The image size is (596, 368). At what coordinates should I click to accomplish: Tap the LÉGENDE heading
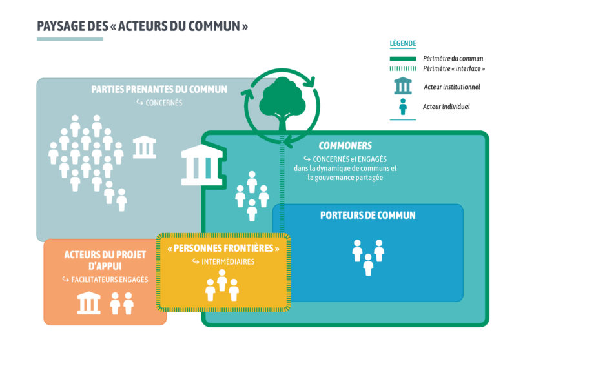(x=403, y=44)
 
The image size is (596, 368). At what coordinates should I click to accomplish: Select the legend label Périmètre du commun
(x=453, y=58)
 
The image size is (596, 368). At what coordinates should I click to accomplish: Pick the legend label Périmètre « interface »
(x=454, y=68)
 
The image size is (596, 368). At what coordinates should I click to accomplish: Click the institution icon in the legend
(x=403, y=86)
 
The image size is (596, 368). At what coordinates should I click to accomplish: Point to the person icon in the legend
(x=403, y=107)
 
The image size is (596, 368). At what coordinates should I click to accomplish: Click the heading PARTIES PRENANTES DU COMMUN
(x=159, y=89)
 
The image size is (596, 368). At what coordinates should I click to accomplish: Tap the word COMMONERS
(x=345, y=146)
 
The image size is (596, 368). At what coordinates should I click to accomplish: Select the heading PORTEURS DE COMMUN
(x=367, y=215)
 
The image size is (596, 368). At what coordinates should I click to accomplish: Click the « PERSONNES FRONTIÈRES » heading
(x=223, y=248)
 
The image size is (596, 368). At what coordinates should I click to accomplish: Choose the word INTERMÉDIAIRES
(x=227, y=261)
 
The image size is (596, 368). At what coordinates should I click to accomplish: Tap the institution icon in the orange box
(x=89, y=303)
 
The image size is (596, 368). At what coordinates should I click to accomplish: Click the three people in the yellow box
(x=222, y=285)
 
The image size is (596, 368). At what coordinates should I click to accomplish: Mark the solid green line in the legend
(x=403, y=58)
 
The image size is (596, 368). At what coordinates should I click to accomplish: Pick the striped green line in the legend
(x=403, y=68)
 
